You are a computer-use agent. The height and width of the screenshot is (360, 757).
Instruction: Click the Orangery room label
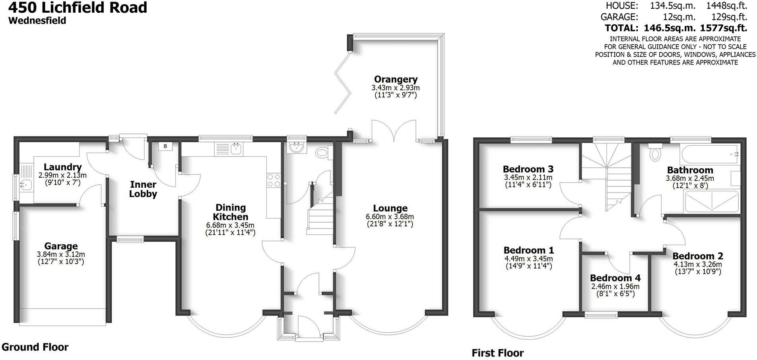[x=396, y=80]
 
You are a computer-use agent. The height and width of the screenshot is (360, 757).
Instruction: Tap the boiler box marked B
[x=165, y=146]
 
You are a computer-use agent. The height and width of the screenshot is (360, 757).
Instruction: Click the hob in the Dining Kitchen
[x=274, y=180]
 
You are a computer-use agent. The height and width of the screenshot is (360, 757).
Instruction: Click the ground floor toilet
[x=322, y=152]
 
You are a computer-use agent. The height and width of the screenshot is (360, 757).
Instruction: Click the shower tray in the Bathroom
[x=711, y=202]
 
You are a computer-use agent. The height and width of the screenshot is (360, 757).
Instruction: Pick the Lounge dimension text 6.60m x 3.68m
[x=390, y=217]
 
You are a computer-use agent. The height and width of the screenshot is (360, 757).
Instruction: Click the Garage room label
[x=61, y=246]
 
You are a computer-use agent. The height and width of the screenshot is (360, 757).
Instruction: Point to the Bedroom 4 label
[x=615, y=278]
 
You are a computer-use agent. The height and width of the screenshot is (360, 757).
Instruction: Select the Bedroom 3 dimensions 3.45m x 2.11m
[x=528, y=177]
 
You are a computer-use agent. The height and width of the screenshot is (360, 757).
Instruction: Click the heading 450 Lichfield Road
[x=78, y=7]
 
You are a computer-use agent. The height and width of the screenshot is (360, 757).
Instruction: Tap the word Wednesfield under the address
[x=37, y=20]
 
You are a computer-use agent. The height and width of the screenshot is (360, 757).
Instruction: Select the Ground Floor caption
[x=35, y=347]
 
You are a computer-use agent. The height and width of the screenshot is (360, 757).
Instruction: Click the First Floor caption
[x=498, y=352]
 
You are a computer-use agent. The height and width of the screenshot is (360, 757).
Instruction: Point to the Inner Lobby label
[x=143, y=189]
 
